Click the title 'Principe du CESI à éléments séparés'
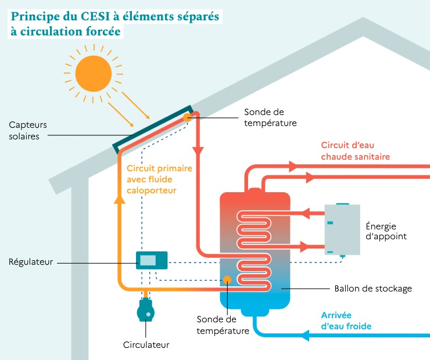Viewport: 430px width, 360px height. (114, 16)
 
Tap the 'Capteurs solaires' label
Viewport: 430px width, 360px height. (28, 131)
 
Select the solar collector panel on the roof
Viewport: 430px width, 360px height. (154, 128)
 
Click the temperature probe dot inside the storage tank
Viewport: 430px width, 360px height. (227, 280)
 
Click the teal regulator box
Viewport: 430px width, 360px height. (151, 260)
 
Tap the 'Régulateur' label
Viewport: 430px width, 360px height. (31, 262)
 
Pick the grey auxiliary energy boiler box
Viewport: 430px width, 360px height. (342, 230)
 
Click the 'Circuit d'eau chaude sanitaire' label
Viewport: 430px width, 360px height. (355, 151)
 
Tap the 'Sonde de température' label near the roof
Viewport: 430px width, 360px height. (270, 117)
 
